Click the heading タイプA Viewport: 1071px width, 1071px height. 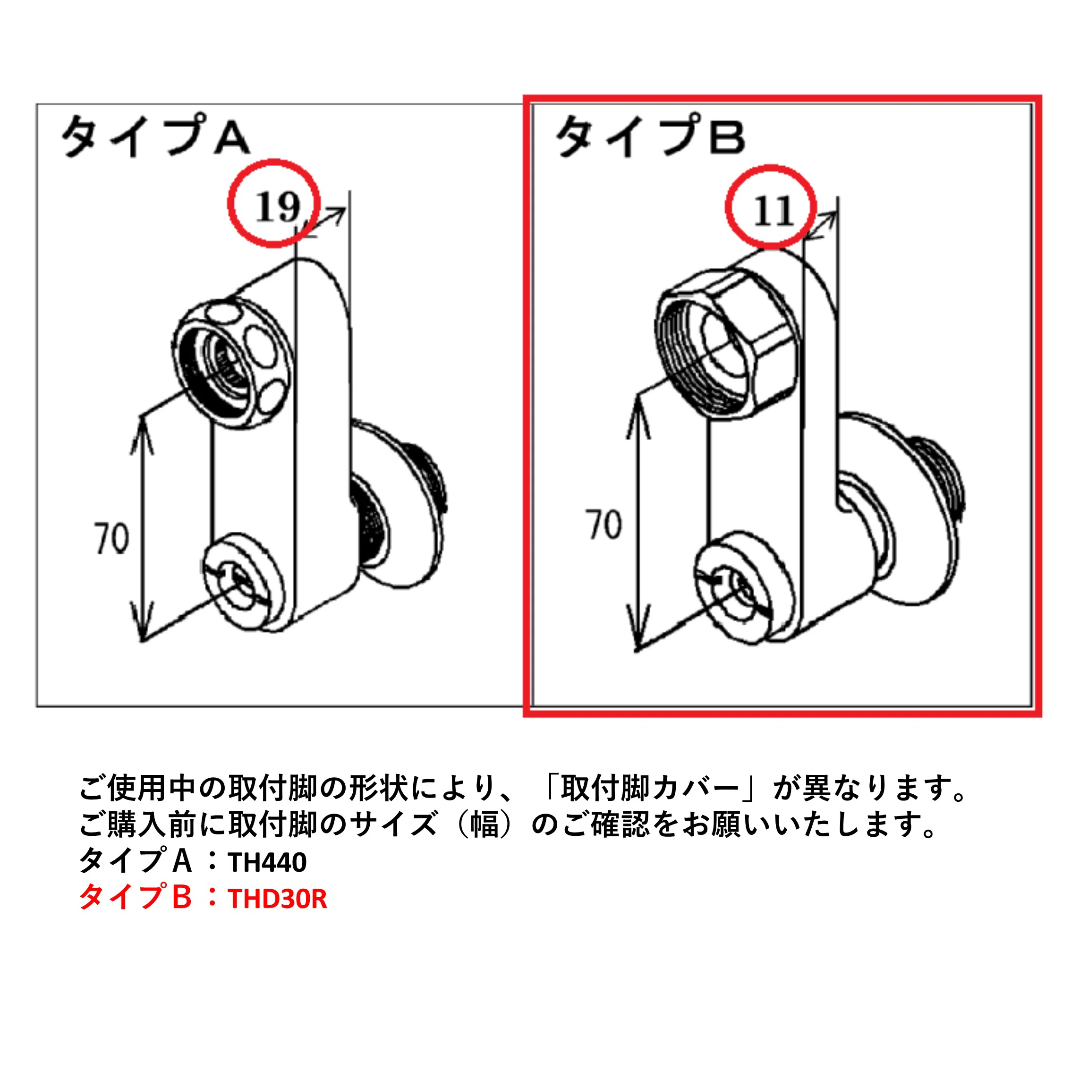[x=155, y=136]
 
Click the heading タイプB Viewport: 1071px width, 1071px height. [x=650, y=136]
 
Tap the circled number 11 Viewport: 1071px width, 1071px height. [x=773, y=211]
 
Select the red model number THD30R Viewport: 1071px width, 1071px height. [x=277, y=899]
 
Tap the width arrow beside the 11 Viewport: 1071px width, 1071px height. [x=820, y=226]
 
